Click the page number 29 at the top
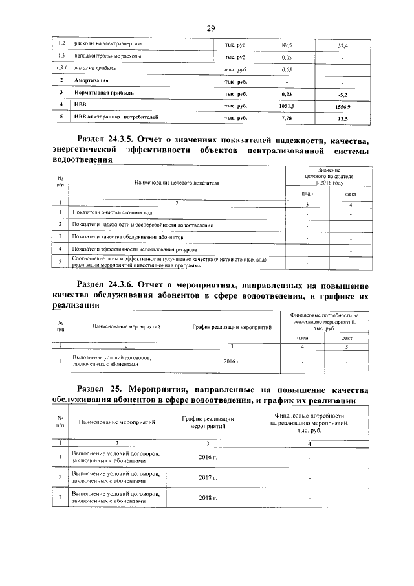[x=210, y=28]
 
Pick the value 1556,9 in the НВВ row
[x=343, y=106]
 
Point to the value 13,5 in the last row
[x=343, y=118]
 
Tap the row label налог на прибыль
[x=94, y=69]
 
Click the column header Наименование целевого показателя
[x=177, y=183]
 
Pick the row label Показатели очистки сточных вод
[x=113, y=212]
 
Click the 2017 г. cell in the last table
[x=207, y=477]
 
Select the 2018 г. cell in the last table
[x=207, y=498]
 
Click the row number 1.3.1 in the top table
[x=60, y=69]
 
